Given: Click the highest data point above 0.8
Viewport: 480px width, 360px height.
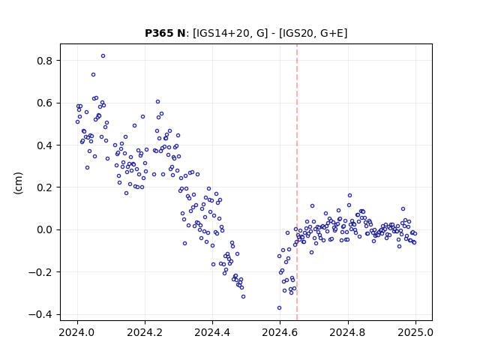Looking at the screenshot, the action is [103, 56].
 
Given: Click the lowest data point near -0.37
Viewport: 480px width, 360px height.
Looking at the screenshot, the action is [279, 308].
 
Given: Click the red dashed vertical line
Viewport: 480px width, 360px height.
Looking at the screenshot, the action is [297, 182].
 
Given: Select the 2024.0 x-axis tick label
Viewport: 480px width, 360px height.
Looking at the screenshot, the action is [77, 332].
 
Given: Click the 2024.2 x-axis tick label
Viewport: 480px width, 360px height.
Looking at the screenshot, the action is [145, 332].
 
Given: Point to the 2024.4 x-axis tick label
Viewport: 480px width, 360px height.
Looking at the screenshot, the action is [212, 332].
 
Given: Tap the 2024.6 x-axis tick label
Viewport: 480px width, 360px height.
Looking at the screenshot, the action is [280, 332].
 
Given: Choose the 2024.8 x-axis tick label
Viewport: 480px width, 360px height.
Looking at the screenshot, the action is [347, 332].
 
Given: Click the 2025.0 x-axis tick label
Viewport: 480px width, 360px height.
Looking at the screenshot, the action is [415, 332].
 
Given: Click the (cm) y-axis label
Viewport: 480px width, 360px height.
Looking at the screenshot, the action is [18, 183].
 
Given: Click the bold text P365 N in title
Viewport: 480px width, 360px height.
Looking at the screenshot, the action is [165, 33].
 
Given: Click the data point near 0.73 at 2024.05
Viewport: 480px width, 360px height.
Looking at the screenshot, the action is [93, 75].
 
